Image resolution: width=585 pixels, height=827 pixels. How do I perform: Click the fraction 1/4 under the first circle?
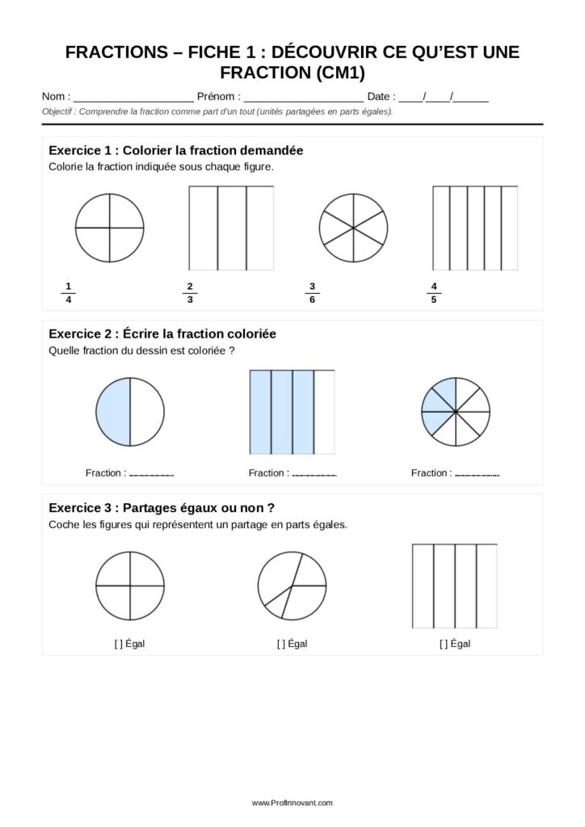coord(69,292)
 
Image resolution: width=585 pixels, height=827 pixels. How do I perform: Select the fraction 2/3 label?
coord(189,292)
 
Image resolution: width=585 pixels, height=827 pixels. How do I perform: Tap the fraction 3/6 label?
coord(312,292)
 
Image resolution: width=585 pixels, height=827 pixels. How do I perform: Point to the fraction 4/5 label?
coord(434,292)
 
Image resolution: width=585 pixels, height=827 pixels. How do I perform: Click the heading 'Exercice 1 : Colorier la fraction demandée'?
coord(176,151)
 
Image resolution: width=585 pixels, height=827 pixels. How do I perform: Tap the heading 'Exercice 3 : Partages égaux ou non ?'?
coord(162,507)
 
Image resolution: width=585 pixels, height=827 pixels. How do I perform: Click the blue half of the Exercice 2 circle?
coord(113,412)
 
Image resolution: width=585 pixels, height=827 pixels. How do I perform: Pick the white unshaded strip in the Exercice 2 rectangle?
coord(324,412)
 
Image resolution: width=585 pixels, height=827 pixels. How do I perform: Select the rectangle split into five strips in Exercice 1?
coord(475,229)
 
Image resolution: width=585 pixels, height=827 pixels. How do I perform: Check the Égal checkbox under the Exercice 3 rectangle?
coord(444,644)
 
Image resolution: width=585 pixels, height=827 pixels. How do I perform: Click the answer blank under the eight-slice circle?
coord(477,474)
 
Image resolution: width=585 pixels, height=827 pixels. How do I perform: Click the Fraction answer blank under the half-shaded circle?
coord(151,474)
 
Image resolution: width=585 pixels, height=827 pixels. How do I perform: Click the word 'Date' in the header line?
coord(379,97)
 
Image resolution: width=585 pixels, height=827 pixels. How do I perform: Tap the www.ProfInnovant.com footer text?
coord(292,803)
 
